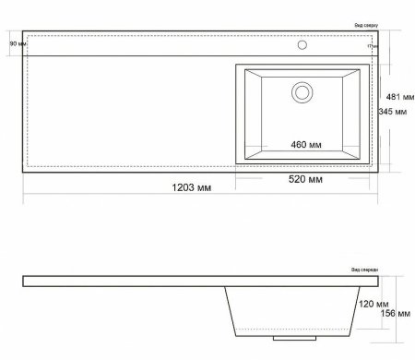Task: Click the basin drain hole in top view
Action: tap(302, 92)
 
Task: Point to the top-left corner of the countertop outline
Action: tap(23, 33)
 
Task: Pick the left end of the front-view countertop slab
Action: tap(25, 279)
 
